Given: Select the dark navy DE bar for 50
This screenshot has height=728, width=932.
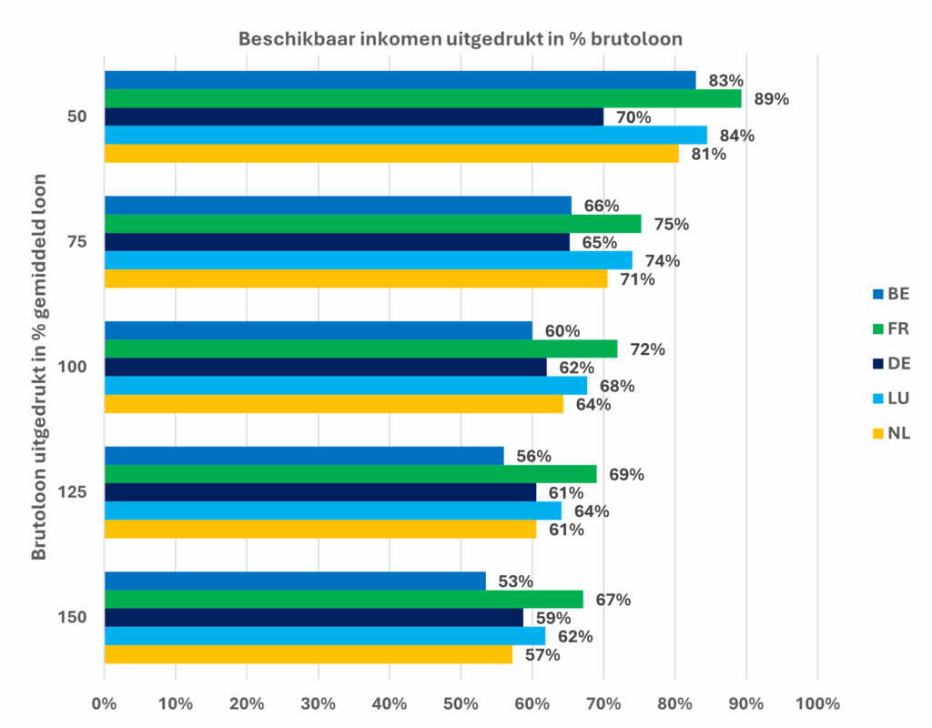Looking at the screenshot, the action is click(354, 117).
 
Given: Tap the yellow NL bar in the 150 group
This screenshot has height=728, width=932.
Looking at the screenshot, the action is click(309, 654).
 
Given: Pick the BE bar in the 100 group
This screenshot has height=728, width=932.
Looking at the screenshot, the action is click(319, 330).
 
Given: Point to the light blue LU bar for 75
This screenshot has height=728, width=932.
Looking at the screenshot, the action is click(369, 260).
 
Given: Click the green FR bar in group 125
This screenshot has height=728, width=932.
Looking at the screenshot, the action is click(350, 474).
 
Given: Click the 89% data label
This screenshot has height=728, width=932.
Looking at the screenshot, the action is click(772, 99).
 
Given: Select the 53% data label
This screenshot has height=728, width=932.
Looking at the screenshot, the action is click(515, 581).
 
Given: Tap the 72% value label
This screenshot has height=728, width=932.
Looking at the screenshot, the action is click(647, 349).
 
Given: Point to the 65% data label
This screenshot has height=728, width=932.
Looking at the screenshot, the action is click(599, 242).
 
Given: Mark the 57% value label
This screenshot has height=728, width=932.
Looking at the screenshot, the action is click(542, 655).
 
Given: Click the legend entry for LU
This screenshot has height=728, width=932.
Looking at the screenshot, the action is click(891, 399).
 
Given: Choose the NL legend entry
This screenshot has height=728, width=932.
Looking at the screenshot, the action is click(891, 433).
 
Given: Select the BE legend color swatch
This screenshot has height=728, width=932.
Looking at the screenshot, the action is click(878, 294).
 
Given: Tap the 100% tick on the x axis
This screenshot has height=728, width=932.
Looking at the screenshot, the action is click(817, 704).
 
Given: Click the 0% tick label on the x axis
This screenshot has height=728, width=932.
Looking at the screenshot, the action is click(104, 704).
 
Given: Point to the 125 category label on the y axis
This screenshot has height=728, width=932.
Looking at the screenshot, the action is click(72, 492).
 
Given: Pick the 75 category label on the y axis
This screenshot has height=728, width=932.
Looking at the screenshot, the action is click(76, 242).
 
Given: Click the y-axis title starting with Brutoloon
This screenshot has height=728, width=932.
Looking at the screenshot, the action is click(38, 367).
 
